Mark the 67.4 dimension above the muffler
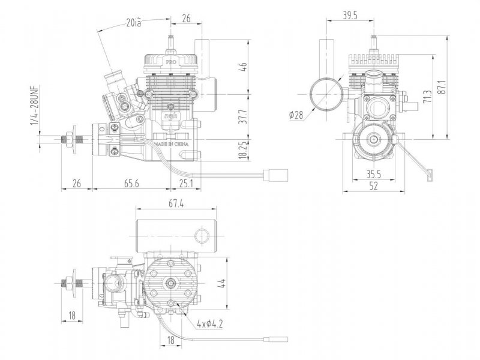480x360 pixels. point(175,205)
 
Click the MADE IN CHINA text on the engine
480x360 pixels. point(172,145)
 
